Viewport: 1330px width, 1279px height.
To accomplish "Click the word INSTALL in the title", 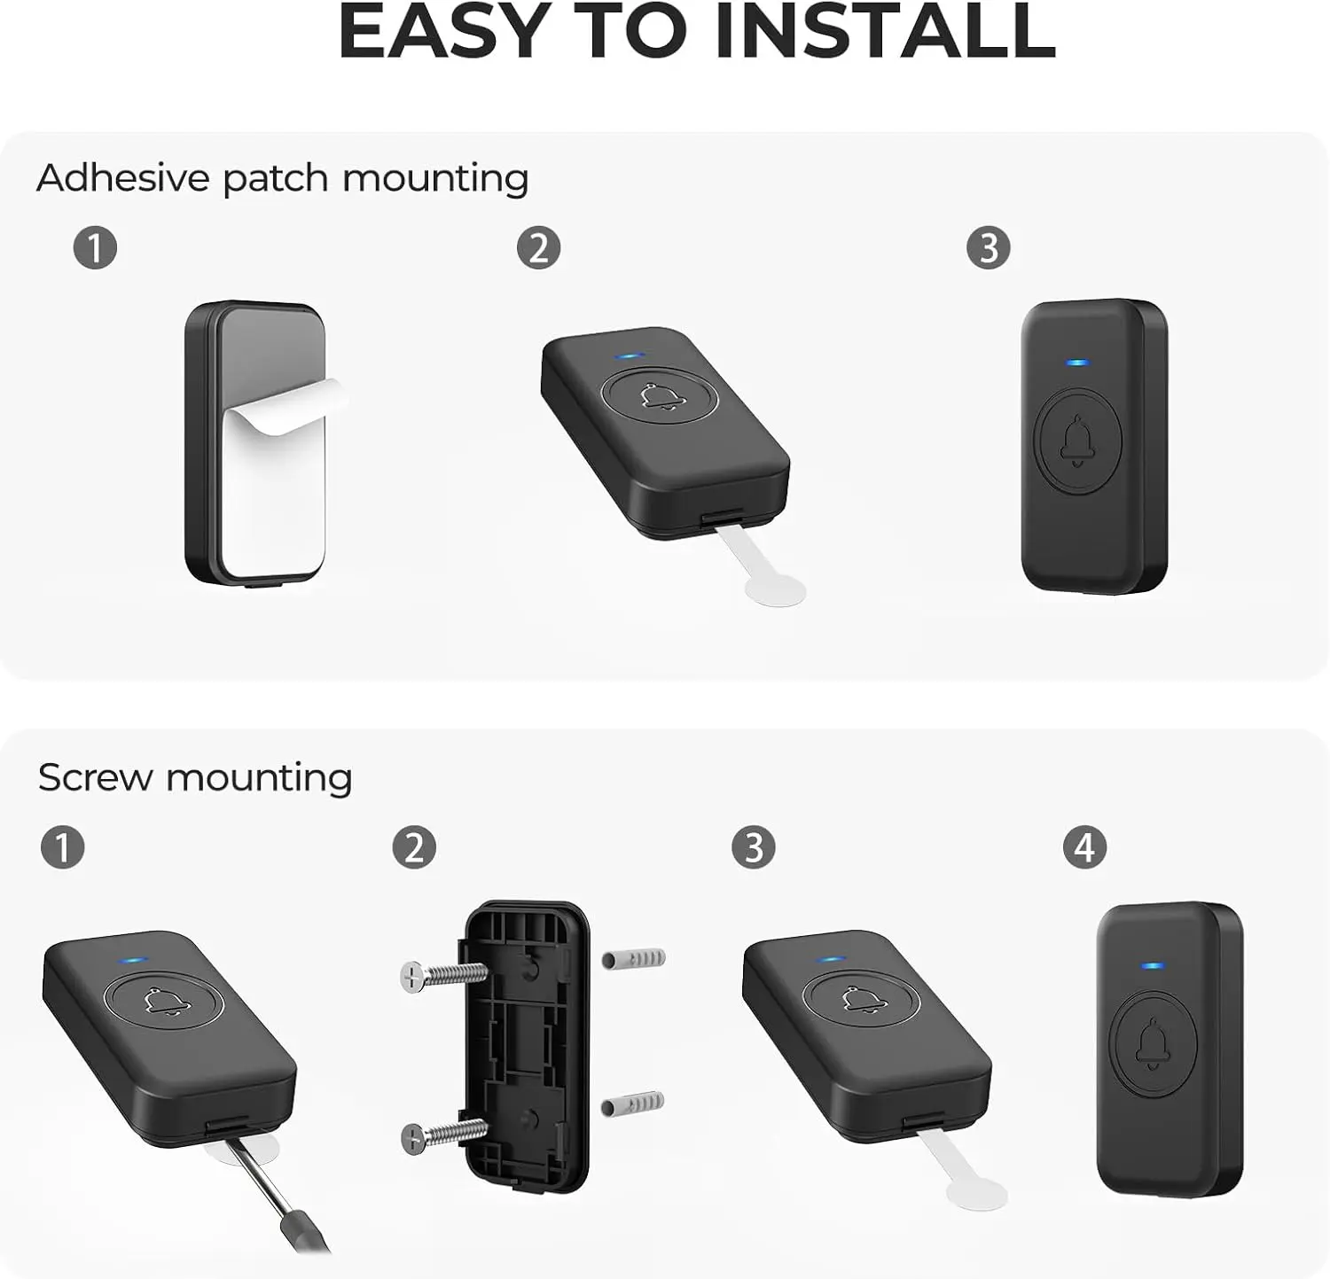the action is [884, 31].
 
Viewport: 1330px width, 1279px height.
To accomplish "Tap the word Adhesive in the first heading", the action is [122, 177].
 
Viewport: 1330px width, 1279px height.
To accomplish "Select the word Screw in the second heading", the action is [95, 777].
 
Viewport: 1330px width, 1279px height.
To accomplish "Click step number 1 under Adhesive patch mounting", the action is [95, 247].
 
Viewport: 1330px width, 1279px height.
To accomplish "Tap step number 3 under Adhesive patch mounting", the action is [989, 247].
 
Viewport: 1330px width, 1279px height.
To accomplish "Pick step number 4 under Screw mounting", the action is [1084, 847].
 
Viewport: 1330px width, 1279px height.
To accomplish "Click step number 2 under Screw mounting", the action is [414, 847].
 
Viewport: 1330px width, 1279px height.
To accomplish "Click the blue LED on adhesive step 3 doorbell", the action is [1077, 363].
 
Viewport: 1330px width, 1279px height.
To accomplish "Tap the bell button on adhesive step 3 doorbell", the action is [1077, 441].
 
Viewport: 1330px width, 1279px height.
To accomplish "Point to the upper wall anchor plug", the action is [633, 958].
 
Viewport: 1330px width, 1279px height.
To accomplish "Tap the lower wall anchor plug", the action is [633, 1103].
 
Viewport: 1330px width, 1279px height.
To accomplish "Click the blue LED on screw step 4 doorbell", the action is [1153, 966].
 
